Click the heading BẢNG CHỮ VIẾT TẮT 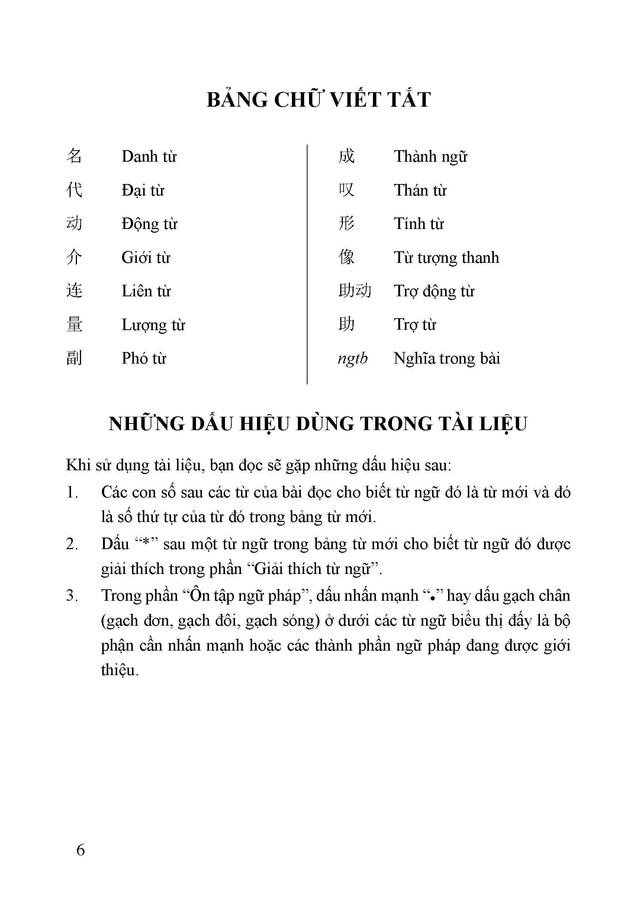318,100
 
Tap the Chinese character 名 74,156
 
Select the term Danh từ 149,157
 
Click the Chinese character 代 74,190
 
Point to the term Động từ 149,224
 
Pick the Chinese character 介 74,257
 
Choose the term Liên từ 146,291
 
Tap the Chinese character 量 74,325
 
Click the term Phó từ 144,358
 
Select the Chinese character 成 346,156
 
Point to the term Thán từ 420,190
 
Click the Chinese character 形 346,223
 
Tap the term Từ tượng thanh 446,258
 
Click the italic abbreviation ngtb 353,358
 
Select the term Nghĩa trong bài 447,358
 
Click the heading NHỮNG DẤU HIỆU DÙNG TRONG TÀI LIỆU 318,424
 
